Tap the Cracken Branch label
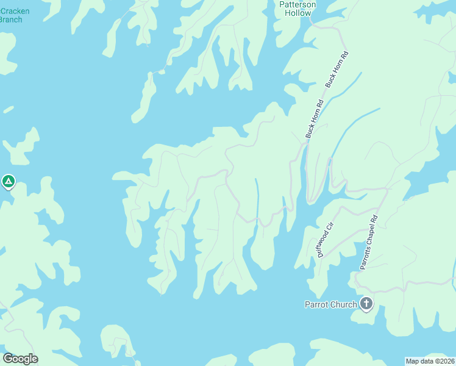(11, 15)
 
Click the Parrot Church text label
(330, 304)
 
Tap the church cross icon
(366, 303)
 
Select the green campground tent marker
(9, 181)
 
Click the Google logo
(20, 359)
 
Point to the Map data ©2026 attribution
(430, 361)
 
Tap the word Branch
(11, 20)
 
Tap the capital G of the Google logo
(8, 359)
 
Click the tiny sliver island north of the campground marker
(7, 110)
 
